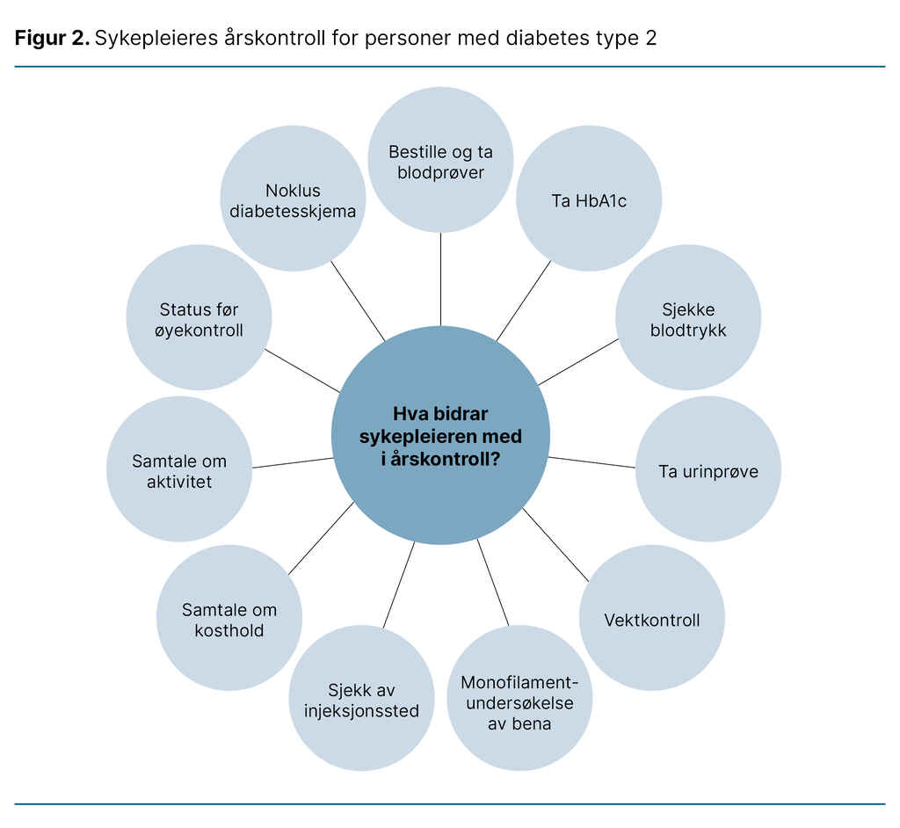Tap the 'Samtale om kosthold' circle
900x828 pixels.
click(229, 618)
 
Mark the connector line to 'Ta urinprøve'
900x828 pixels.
click(592, 462)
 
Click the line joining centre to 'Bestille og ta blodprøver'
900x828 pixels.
click(440, 279)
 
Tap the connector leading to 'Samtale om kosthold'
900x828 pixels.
click(321, 538)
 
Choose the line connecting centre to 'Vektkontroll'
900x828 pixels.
click(555, 545)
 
